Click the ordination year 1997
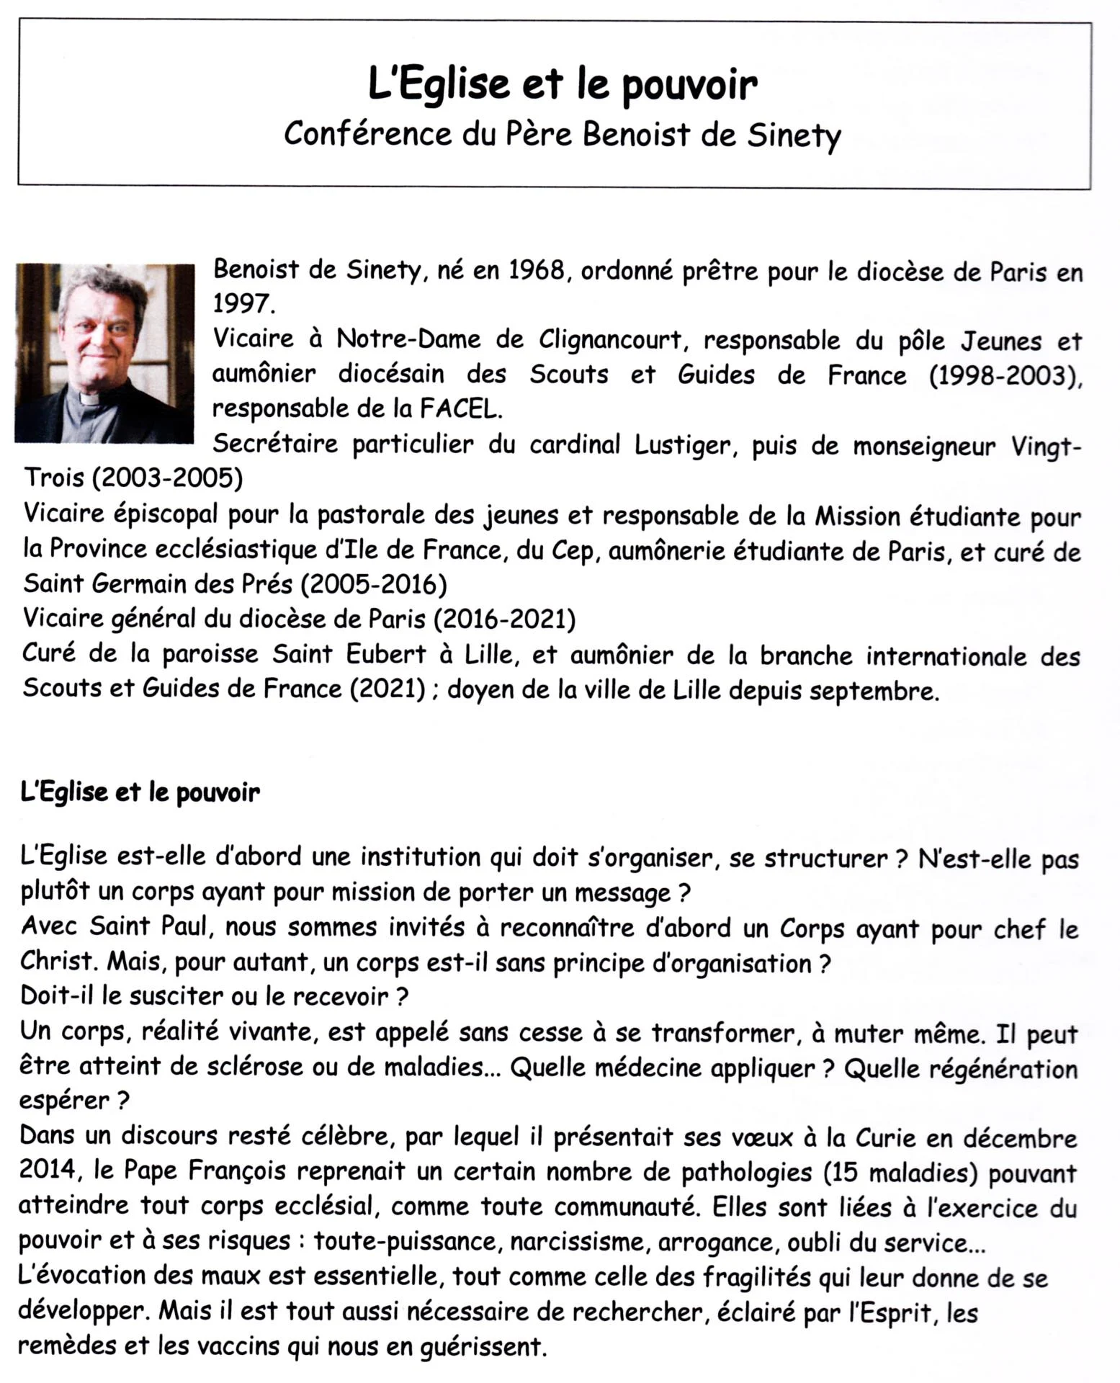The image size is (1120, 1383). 241,305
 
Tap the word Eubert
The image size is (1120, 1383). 386,654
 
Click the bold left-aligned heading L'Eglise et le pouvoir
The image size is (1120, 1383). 140,793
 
